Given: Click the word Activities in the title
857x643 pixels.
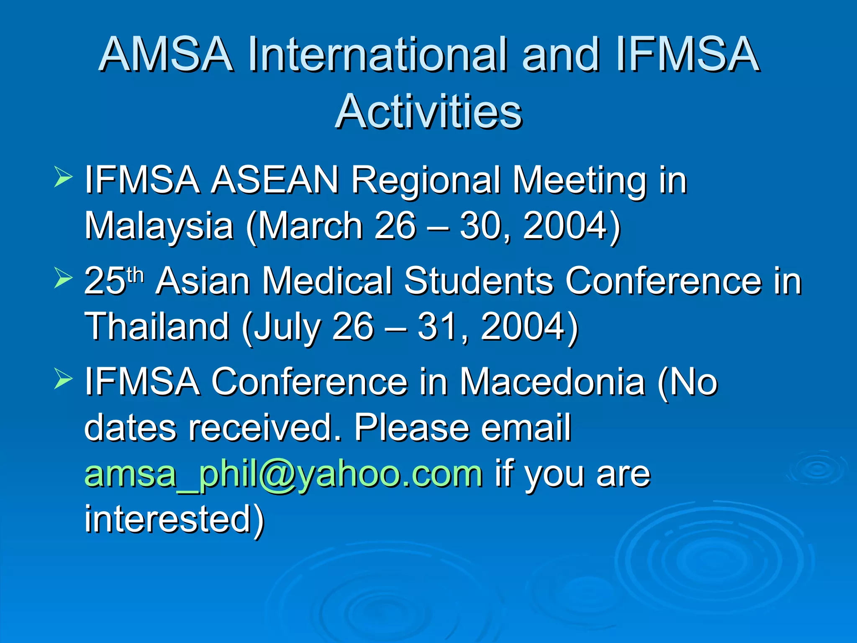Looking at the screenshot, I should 428,111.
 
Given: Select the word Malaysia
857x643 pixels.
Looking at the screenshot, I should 159,226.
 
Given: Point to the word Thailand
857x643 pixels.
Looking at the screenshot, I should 157,327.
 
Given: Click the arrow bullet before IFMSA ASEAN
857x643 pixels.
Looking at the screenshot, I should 63,177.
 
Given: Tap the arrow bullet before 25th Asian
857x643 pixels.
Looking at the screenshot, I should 63,278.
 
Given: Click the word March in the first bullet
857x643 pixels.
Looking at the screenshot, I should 310,226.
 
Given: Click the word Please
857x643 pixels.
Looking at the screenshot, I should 412,428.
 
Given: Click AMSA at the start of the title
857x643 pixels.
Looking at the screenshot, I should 166,54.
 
